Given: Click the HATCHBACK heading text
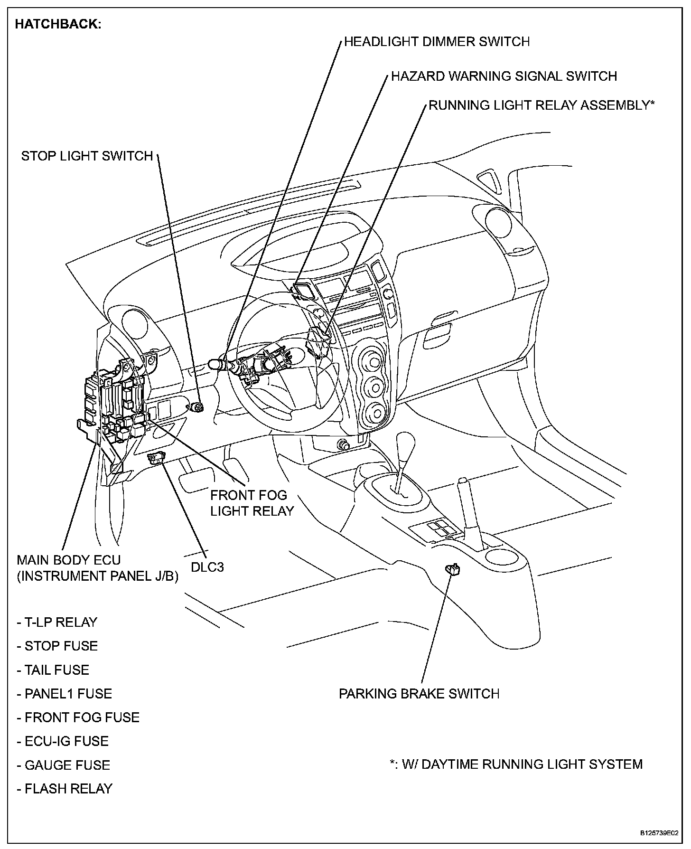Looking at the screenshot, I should (x=58, y=24).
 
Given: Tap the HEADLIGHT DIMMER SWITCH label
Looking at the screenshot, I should (x=437, y=42).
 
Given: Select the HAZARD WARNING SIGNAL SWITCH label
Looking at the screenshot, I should (x=504, y=76).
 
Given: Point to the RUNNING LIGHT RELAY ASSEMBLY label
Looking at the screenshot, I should (x=541, y=105).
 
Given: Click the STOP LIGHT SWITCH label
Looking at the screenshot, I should (x=87, y=156).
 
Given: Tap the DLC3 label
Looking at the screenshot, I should (x=207, y=566).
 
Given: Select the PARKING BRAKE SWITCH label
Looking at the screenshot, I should (x=419, y=693).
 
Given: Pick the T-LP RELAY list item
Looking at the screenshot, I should (x=57, y=622).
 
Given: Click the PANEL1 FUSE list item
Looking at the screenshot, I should (x=65, y=693).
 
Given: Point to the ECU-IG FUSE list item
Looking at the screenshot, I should (x=63, y=741).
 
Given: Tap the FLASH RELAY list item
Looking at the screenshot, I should (x=65, y=788).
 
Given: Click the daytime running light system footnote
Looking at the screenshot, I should (x=516, y=764).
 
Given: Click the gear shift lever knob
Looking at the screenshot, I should (x=406, y=444).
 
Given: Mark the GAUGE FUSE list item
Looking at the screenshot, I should (x=63, y=764).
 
